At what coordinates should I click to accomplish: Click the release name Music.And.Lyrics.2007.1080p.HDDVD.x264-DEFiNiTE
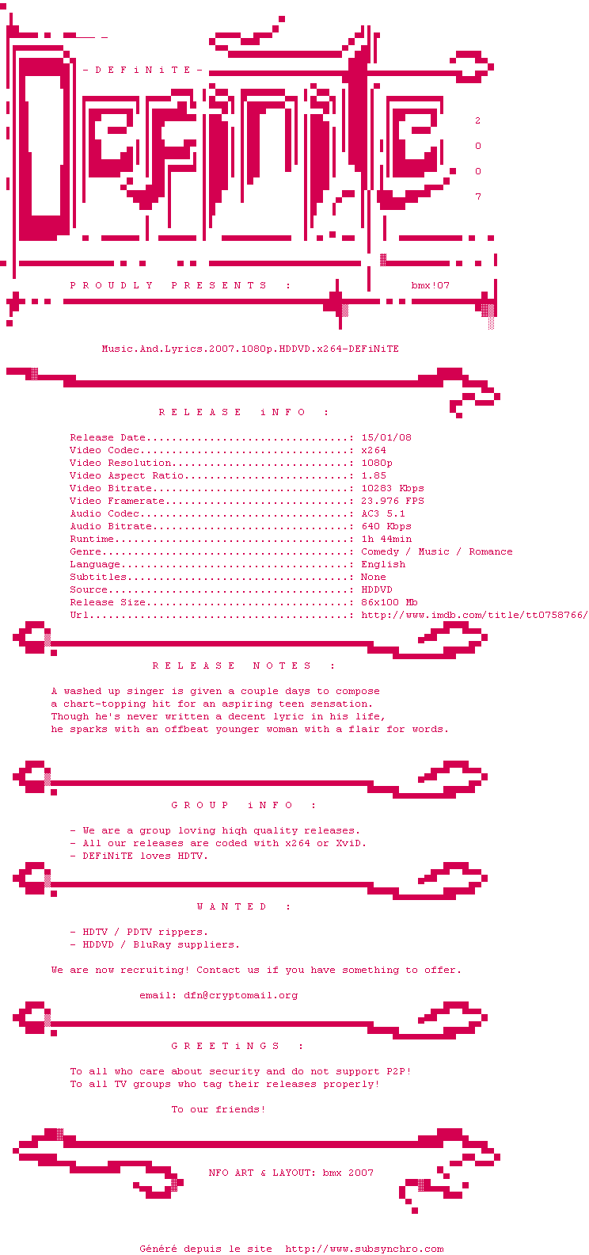point(250,349)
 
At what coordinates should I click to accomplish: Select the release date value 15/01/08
point(386,437)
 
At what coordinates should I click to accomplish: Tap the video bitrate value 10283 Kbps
point(393,488)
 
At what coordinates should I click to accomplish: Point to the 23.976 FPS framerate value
point(393,501)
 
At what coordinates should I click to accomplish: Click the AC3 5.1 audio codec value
point(383,513)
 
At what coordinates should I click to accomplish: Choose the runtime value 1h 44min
point(386,539)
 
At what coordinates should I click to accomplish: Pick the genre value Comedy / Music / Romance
point(437,551)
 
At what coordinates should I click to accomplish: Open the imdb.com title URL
point(474,615)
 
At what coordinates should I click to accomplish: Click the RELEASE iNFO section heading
point(244,412)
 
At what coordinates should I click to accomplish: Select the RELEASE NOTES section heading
point(244,666)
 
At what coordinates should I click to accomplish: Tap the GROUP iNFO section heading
point(244,805)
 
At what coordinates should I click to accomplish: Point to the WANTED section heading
point(244,906)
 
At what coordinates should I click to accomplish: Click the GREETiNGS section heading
point(237,1046)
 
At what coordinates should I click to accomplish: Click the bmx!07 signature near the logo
point(431,285)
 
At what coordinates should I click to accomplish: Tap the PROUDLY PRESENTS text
point(180,285)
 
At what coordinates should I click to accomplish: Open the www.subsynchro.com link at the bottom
point(364,1249)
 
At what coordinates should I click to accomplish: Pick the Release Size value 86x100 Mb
point(389,602)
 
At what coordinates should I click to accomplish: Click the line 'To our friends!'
point(218,1109)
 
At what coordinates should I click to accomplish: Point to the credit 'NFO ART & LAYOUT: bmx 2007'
point(291,1173)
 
